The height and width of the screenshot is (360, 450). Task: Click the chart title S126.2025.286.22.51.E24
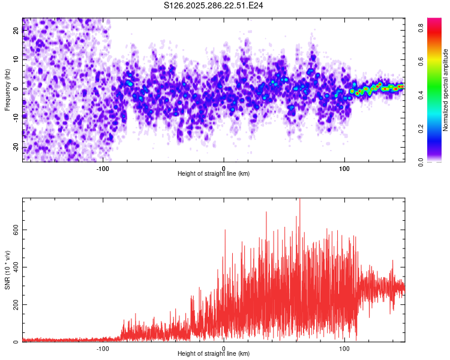pos(214,5)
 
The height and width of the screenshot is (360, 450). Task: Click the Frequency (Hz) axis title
pos(7,89)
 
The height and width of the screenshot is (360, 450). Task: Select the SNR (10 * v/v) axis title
pos(7,270)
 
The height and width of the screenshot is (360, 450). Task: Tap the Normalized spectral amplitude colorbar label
pos(446,89)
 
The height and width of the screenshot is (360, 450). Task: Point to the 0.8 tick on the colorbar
pos(422,27)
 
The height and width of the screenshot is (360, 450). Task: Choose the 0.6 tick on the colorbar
pos(422,61)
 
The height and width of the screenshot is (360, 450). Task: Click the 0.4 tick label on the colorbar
pos(422,94)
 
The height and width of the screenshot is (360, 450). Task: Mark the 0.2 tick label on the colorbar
pos(422,128)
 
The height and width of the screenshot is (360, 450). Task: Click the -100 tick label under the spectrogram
pos(103,167)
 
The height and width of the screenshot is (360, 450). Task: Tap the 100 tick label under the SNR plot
pos(344,348)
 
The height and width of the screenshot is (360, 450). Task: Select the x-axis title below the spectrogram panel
pos(214,174)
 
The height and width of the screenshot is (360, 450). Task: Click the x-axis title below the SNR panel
pos(214,354)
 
